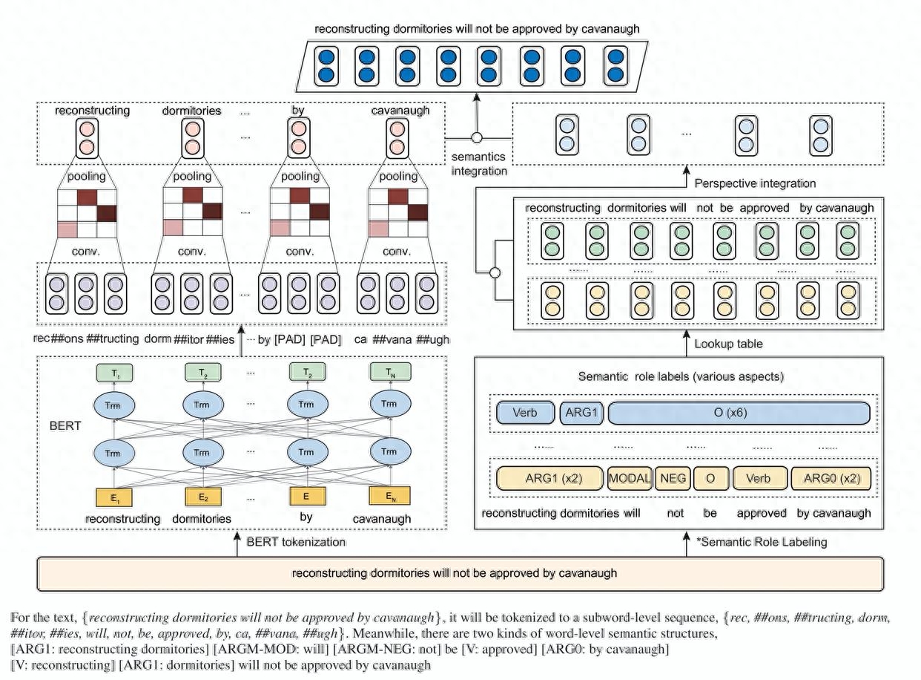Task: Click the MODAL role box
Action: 629,478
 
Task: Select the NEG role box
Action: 672,478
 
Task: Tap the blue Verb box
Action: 525,413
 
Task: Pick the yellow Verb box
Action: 758,478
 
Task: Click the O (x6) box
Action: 738,413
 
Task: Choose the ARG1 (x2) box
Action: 549,478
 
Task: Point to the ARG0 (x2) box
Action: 831,478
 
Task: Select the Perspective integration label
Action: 754,183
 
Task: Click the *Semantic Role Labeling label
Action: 762,542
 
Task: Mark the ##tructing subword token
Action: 111,339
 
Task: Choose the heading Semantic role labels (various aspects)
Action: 681,377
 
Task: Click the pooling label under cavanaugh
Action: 398,177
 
